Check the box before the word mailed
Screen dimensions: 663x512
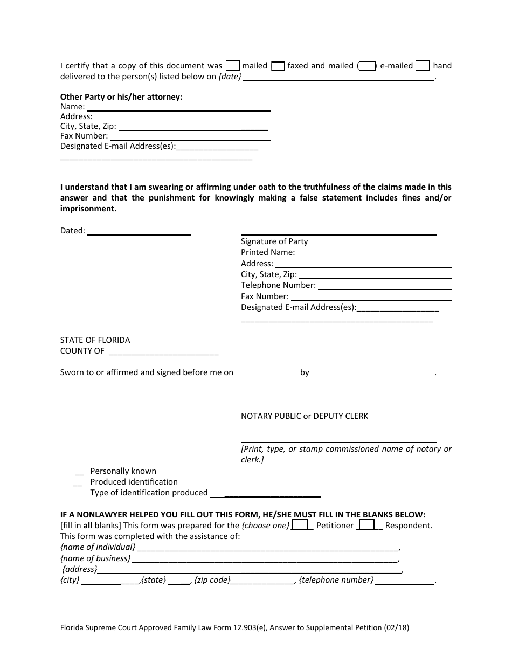[233, 66]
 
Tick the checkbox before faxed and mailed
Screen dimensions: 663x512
[278, 66]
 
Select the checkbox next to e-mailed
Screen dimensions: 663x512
[367, 66]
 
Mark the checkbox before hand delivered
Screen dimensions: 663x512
[424, 66]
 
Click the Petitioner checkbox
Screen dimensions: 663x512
[300, 524]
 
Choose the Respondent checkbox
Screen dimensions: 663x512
[367, 524]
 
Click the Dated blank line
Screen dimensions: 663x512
[139, 233]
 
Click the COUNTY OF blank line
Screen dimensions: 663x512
[162, 354]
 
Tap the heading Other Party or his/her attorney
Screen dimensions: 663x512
[121, 97]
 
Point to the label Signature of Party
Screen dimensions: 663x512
[274, 241]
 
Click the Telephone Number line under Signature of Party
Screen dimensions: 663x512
[384, 288]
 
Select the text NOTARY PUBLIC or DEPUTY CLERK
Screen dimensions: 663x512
[305, 416]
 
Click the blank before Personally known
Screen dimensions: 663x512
[72, 473]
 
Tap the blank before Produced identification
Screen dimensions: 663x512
[72, 484]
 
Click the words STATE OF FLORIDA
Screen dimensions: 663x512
[95, 340]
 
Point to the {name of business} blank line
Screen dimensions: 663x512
[265, 561]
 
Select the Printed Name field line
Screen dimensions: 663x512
[374, 255]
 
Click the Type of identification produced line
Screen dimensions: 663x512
[266, 495]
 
